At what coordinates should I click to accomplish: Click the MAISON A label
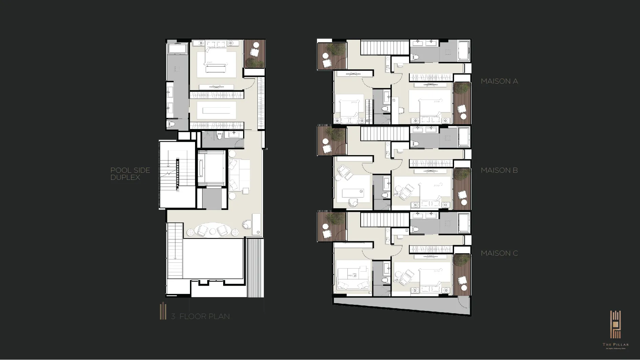pyautogui.click(x=499, y=81)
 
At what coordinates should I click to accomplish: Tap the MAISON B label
pyautogui.click(x=499, y=170)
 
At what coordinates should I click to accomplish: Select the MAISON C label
pyautogui.click(x=499, y=253)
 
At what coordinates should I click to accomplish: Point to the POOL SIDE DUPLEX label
pyautogui.click(x=130, y=174)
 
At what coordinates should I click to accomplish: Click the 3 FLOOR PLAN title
pyautogui.click(x=200, y=316)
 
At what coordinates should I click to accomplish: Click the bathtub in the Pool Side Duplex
pyautogui.click(x=178, y=48)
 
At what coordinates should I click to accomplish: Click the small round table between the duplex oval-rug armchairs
pyautogui.click(x=213, y=231)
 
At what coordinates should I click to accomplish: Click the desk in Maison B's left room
pyautogui.click(x=353, y=193)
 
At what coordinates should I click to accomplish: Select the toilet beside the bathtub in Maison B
pyautogui.click(x=415, y=144)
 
